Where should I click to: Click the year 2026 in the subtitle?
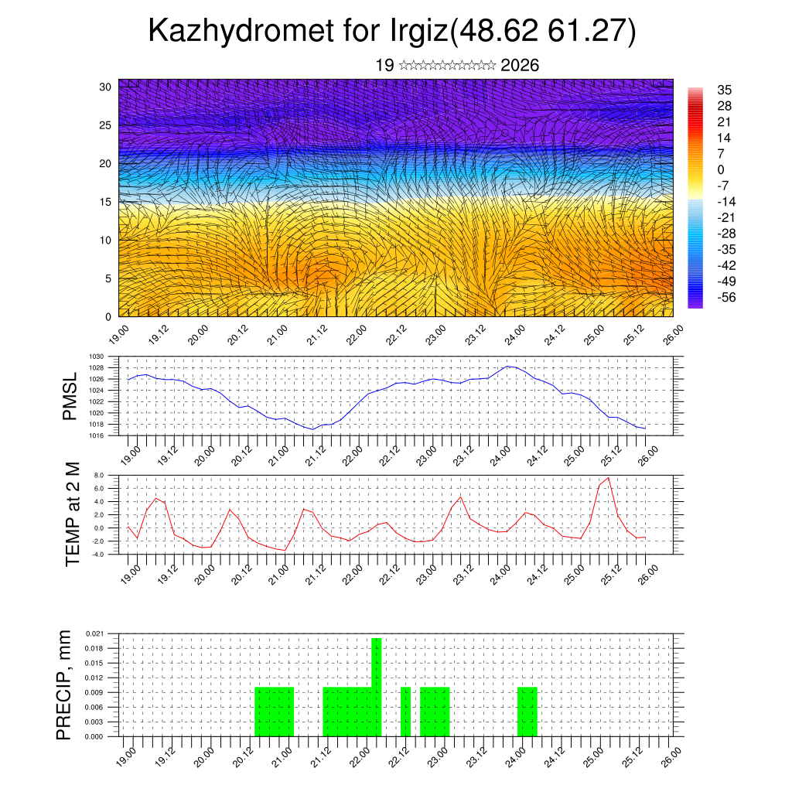tap(520, 66)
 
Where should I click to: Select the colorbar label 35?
tap(725, 90)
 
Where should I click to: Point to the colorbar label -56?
tap(728, 297)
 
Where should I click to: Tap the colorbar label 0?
tap(721, 169)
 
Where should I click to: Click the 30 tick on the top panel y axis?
tap(106, 87)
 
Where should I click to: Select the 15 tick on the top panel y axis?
tap(106, 202)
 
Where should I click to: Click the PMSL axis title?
tap(70, 395)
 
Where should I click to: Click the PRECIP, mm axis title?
tap(65, 684)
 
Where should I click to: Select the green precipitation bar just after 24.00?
tap(527, 712)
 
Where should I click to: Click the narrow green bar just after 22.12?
tap(405, 712)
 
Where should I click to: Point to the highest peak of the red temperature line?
tap(609, 478)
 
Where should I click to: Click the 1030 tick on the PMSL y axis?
tap(96, 357)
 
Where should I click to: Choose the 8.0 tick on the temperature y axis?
tap(98, 476)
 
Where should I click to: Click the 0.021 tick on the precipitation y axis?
tap(94, 633)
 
